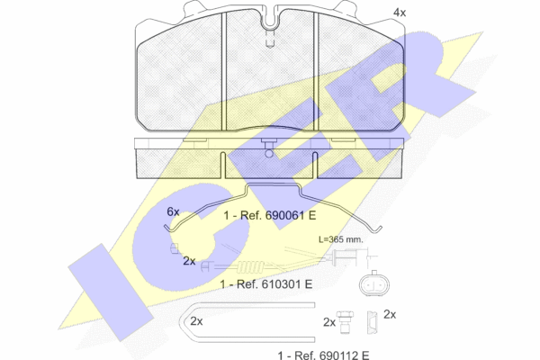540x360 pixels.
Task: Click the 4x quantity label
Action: click(400, 13)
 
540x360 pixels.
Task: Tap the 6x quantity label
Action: click(173, 211)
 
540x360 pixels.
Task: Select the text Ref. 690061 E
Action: click(278, 216)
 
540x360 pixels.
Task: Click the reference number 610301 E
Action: click(287, 284)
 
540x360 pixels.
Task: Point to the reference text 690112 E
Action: click(345, 355)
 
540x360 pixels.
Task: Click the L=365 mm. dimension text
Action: click(340, 239)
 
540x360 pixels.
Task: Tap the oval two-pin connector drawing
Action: click(374, 284)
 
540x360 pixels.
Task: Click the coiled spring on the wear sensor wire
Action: click(251, 266)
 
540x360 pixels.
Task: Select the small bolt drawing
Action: click(346, 322)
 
